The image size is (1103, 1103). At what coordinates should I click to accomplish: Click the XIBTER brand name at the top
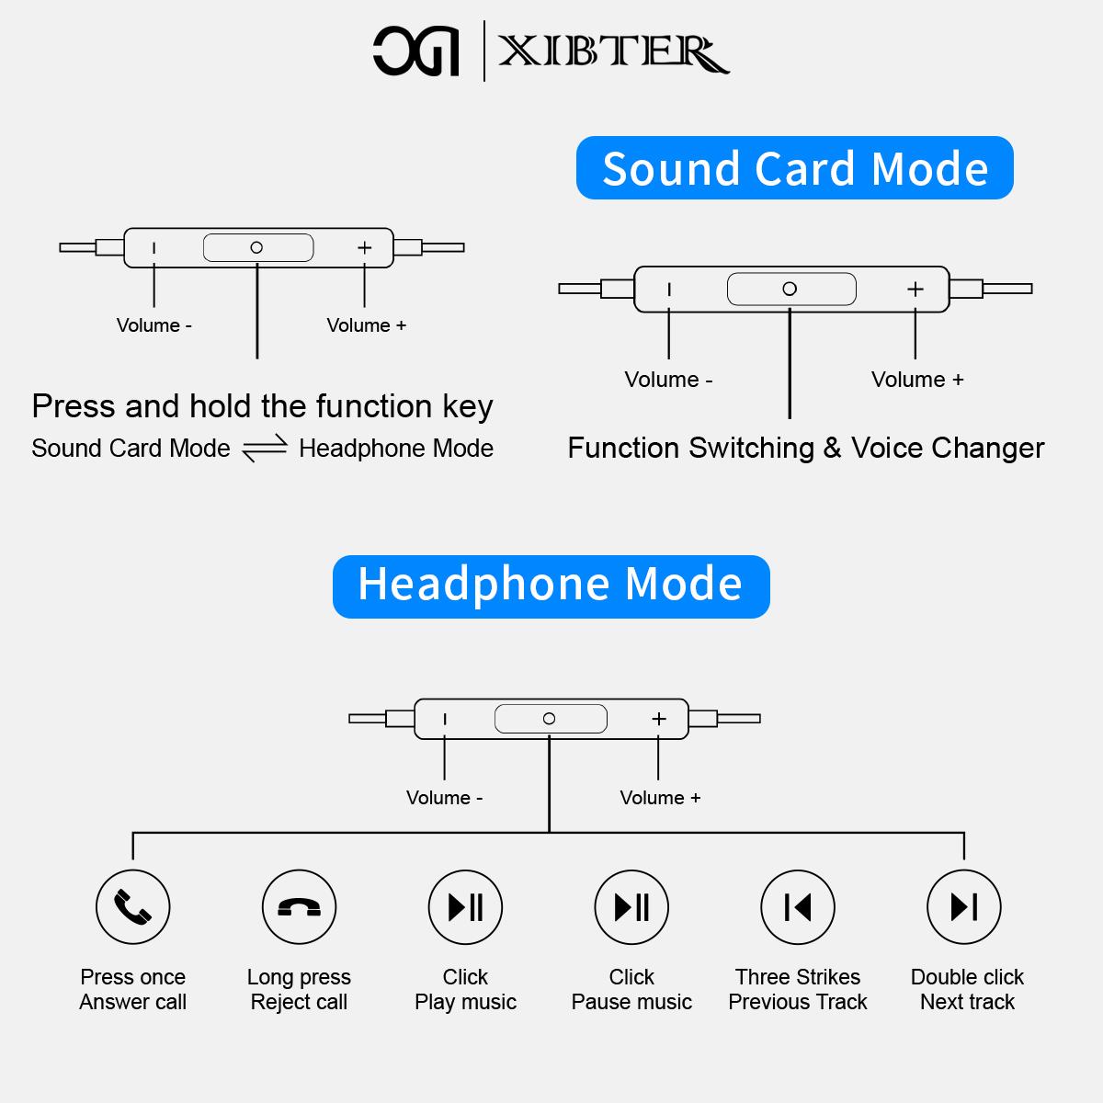[x=613, y=52]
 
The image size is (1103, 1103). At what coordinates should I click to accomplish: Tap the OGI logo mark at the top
[x=415, y=51]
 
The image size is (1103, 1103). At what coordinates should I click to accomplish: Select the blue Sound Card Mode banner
[x=794, y=168]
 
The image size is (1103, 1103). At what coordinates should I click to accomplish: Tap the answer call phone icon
[x=133, y=907]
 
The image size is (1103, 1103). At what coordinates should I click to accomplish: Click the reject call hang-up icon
[x=299, y=907]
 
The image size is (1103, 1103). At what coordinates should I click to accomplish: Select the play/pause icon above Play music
[x=465, y=907]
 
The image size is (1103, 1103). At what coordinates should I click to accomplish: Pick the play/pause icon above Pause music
[x=631, y=907]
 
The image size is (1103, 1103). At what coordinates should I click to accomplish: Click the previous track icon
[x=798, y=907]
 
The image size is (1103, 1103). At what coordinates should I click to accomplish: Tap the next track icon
[x=964, y=907]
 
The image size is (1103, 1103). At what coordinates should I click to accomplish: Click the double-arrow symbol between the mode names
[x=265, y=449]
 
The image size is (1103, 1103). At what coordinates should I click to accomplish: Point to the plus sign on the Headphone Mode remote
[x=658, y=719]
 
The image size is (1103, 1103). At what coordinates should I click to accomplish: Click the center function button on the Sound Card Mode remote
[x=790, y=289]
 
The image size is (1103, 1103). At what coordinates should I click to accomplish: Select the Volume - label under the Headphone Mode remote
[x=444, y=798]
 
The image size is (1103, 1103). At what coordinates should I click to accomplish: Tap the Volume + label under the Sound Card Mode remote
[x=917, y=380]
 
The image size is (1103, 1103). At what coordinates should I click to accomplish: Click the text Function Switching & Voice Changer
[x=805, y=448]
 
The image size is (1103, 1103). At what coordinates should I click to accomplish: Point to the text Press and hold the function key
[x=262, y=406]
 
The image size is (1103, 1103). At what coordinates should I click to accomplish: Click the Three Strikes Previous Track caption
[x=798, y=989]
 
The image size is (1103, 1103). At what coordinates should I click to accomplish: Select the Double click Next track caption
[x=967, y=989]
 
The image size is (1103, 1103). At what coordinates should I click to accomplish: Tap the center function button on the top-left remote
[x=257, y=247]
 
